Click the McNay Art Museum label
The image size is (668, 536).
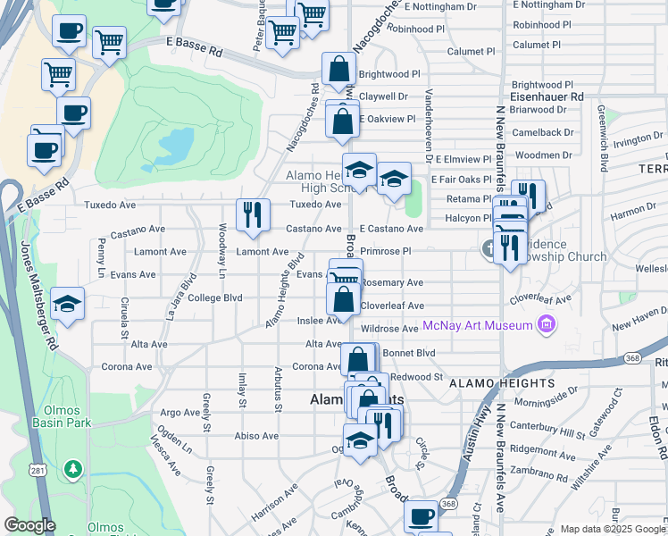(x=478, y=325)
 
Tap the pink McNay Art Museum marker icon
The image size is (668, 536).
(x=546, y=325)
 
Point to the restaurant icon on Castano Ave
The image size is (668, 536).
(x=253, y=214)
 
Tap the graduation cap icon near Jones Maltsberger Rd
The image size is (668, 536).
(x=67, y=304)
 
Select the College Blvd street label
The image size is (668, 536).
(x=216, y=298)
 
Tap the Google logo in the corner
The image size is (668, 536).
(x=29, y=525)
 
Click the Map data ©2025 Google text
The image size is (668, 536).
(x=612, y=529)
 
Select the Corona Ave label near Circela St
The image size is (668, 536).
(x=128, y=366)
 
